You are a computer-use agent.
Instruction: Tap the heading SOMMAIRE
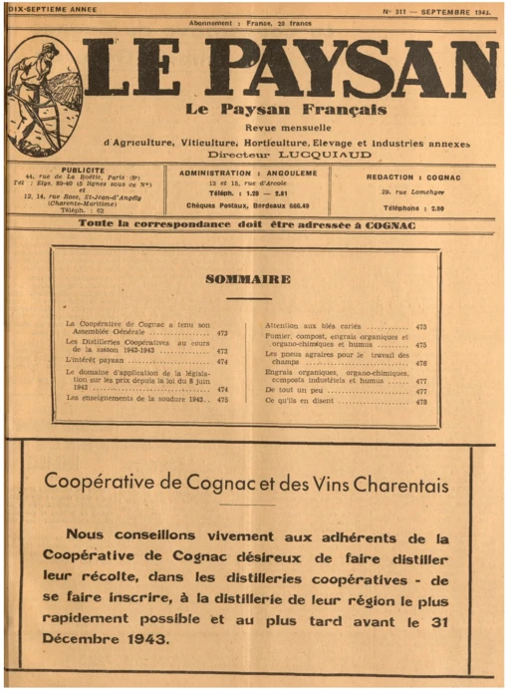pos(248,280)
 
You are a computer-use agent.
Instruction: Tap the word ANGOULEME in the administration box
pos(293,172)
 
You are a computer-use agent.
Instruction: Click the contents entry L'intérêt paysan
pos(93,360)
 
